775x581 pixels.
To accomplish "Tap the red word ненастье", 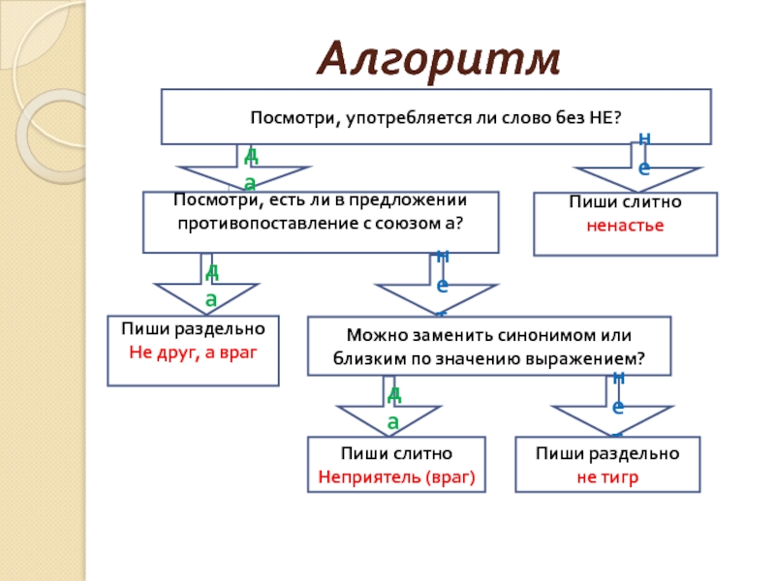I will click(625, 225).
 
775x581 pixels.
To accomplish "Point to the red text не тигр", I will click(607, 475).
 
